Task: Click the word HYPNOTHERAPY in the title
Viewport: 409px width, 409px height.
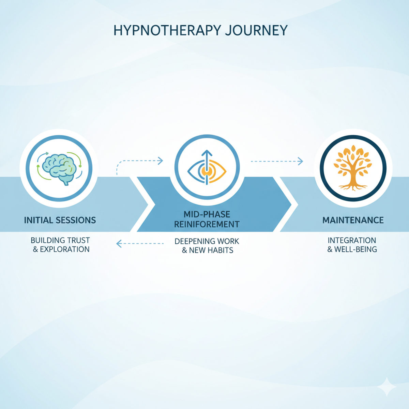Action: pos(167,30)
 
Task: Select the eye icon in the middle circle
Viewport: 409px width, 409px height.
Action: pos(207,169)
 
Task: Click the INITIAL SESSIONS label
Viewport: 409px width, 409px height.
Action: pos(60,220)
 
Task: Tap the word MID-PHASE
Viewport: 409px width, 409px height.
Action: pos(207,214)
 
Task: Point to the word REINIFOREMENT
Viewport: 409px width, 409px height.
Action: pos(207,224)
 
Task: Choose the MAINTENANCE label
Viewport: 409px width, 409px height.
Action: pos(353,220)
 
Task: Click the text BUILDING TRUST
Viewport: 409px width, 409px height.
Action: pos(60,240)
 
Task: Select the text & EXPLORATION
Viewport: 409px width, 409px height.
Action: pos(61,249)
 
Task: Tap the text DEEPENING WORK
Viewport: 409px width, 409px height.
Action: pos(207,241)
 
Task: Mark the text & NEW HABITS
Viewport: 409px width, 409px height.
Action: pos(207,251)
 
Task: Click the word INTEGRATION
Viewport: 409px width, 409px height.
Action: pos(352,240)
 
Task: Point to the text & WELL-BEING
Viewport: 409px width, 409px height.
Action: pos(352,249)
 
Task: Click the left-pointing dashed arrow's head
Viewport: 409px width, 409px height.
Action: pos(119,243)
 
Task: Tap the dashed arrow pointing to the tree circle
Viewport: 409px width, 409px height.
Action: pos(277,161)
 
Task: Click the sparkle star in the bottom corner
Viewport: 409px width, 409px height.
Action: pos(387,387)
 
